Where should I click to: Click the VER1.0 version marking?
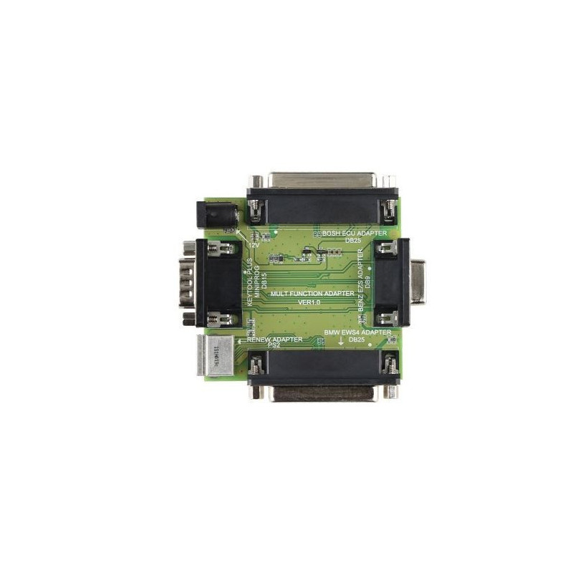pos(312,303)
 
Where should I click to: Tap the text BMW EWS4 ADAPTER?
pos(357,333)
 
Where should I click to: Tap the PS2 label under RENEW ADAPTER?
pos(272,346)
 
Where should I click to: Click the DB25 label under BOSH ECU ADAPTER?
pos(352,241)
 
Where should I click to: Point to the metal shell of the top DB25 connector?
pos(322,180)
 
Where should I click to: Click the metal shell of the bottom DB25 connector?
pos(322,393)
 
